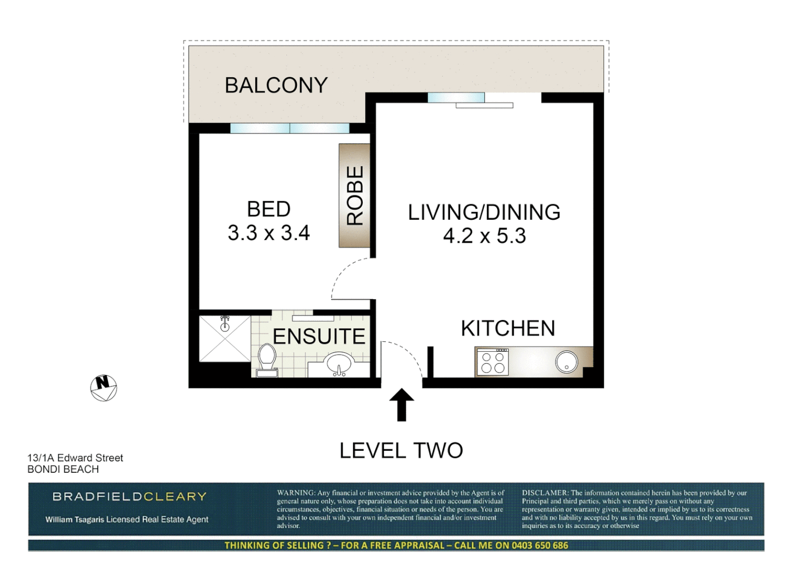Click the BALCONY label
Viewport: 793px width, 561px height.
click(x=276, y=85)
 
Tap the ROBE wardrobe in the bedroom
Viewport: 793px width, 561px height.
click(x=354, y=195)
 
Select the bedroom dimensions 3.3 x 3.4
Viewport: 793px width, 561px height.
click(x=269, y=233)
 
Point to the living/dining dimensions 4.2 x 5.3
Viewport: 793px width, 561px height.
click(x=484, y=236)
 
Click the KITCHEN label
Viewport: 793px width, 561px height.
click(x=508, y=328)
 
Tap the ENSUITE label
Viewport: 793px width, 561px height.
click(x=319, y=337)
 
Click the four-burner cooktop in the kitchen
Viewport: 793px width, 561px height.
click(x=493, y=362)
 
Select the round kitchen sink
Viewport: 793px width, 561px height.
click(x=566, y=362)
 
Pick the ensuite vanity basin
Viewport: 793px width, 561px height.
click(x=339, y=364)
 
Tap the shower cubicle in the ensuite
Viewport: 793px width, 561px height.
click(x=225, y=339)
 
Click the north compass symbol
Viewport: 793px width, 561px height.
click(x=104, y=388)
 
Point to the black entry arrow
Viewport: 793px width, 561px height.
click(x=402, y=405)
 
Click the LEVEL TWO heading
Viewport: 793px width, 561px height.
click(x=401, y=450)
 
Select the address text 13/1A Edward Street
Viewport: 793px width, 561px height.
click(x=75, y=458)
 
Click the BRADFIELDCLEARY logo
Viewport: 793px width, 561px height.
click(x=130, y=497)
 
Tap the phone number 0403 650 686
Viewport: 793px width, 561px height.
click(x=540, y=545)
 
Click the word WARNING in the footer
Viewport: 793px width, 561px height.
click(x=295, y=492)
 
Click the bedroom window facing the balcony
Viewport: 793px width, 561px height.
click(x=290, y=128)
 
